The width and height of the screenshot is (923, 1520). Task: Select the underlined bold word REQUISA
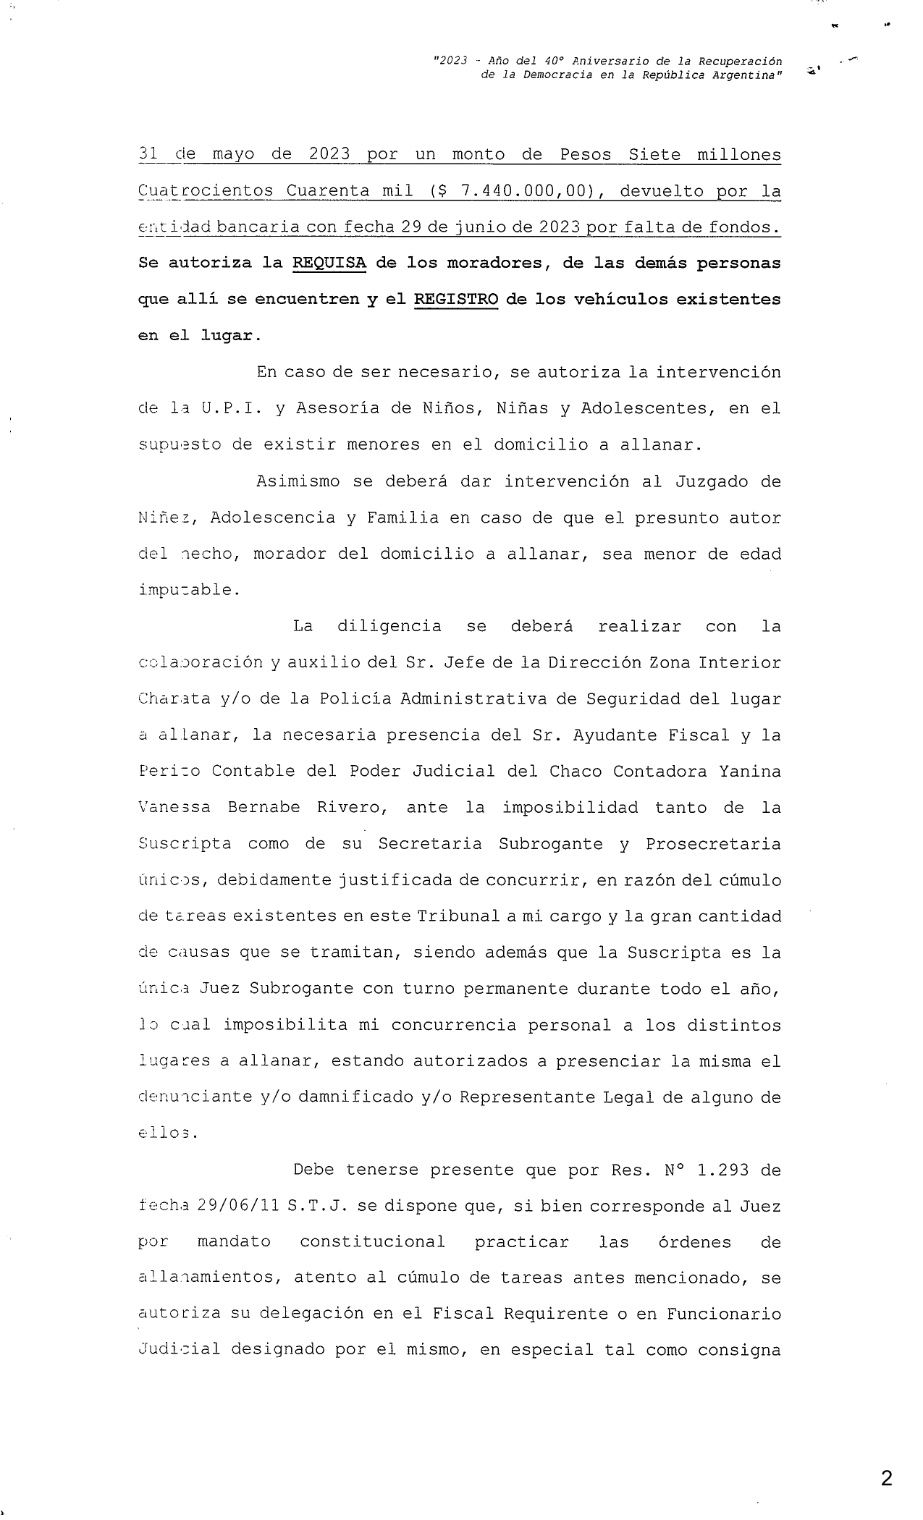pyautogui.click(x=329, y=263)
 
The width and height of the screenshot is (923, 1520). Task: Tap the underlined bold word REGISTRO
pyautogui.click(x=456, y=299)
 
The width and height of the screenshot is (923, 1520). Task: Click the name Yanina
pyautogui.click(x=750, y=771)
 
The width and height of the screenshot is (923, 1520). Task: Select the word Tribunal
pyautogui.click(x=458, y=916)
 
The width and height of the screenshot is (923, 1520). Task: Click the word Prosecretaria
pyautogui.click(x=713, y=844)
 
